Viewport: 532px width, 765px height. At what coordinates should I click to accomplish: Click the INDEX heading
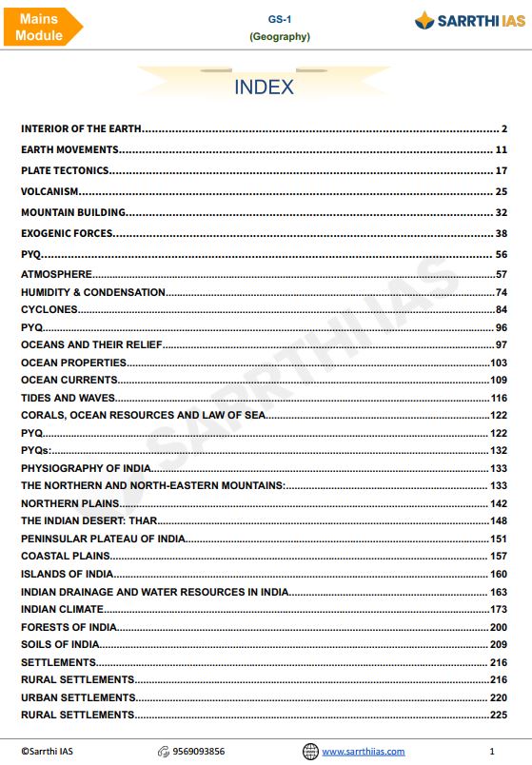(x=264, y=88)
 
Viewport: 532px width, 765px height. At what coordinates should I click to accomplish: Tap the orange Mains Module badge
(x=40, y=27)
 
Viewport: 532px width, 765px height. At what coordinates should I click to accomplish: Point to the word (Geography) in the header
(x=279, y=37)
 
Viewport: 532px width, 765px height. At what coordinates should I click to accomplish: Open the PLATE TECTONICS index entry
(x=66, y=170)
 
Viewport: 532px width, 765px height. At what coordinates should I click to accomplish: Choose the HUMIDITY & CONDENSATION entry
(x=93, y=292)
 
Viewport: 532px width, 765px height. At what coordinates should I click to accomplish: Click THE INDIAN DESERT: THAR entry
(x=89, y=520)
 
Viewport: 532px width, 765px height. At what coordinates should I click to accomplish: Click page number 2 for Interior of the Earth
(x=504, y=128)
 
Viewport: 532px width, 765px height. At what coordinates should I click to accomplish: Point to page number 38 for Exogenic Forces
(x=502, y=233)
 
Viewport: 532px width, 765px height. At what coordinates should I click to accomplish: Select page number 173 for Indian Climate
(x=499, y=609)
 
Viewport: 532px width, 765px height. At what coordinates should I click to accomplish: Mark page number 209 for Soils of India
(x=499, y=644)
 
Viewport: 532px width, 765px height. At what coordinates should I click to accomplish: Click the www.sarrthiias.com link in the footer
(x=363, y=751)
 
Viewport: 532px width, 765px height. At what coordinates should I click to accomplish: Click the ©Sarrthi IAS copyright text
(x=48, y=751)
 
